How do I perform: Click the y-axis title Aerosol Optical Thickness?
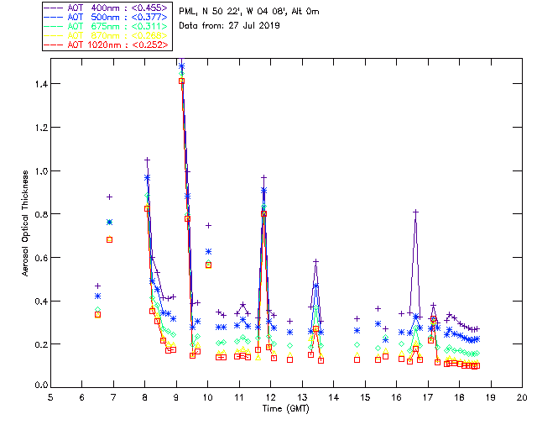pyautogui.click(x=25, y=223)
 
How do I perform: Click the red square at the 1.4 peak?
pyautogui.click(x=181, y=81)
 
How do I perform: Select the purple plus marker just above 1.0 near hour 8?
pyautogui.click(x=147, y=160)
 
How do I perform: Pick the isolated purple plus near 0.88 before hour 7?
pyautogui.click(x=109, y=197)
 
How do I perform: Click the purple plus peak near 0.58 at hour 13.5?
pyautogui.click(x=315, y=261)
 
